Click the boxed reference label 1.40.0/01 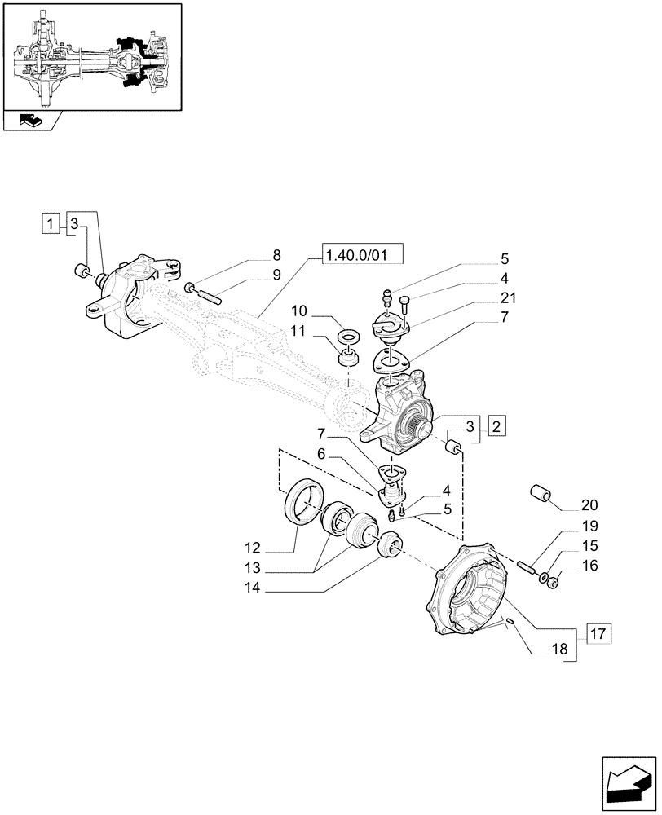coord(364,257)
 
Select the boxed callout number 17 coord(596,633)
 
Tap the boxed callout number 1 coord(51,223)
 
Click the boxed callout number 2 coord(496,425)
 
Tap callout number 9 coord(276,275)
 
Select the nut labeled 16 coord(552,582)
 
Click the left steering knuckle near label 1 coord(122,297)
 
